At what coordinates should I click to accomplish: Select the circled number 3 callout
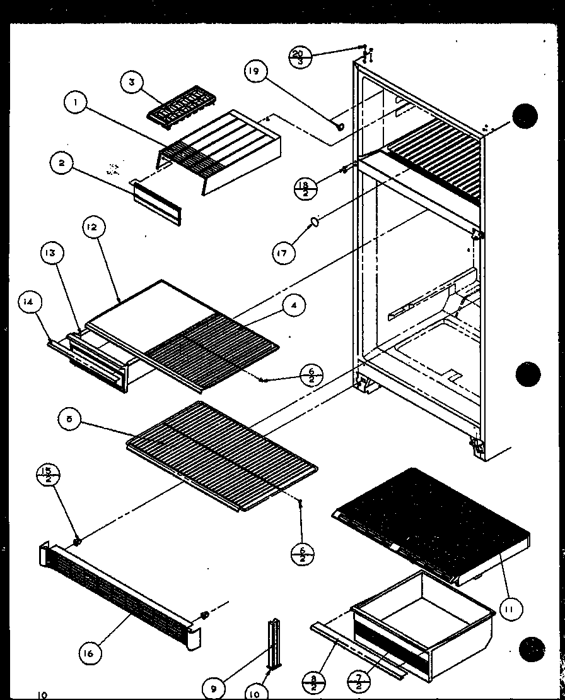[x=132, y=83]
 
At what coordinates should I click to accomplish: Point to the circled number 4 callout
[x=293, y=306]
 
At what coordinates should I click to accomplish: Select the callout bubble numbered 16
[x=89, y=653]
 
